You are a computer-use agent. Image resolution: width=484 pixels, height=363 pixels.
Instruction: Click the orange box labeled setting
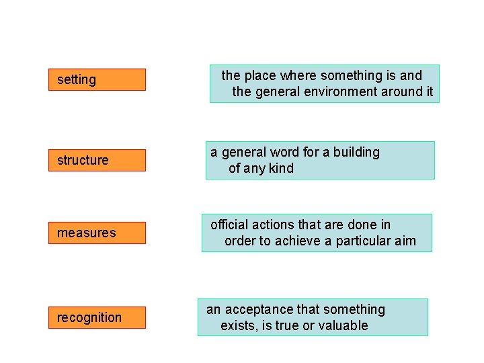97,79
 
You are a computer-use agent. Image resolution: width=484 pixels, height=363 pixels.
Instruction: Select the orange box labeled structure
97,160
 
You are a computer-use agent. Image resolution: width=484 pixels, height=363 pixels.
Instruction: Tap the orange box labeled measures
97,233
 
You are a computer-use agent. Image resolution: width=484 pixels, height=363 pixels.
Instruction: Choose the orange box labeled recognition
97,317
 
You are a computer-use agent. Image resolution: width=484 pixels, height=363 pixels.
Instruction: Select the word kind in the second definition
281,168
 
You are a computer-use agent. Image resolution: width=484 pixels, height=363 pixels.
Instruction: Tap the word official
229,225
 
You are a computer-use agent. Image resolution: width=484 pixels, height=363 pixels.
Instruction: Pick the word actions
273,225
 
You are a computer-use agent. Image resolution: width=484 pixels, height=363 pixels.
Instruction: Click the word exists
238,325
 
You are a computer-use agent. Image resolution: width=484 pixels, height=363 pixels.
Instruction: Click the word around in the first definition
403,91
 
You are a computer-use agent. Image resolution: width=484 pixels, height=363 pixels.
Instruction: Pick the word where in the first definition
298,75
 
